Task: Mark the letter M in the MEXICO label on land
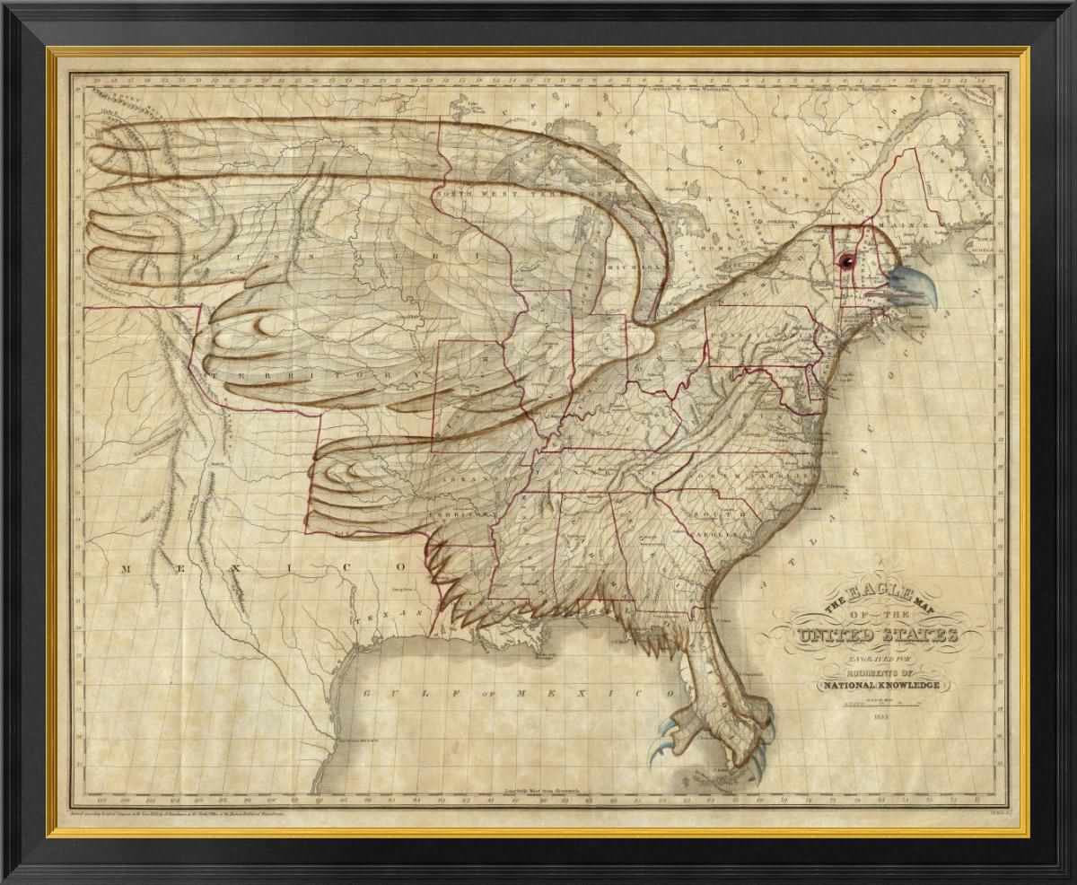coord(127,568)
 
